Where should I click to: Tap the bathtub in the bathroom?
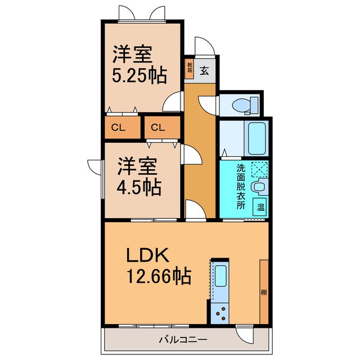(256, 138)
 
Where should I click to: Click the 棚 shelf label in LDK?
(263, 292)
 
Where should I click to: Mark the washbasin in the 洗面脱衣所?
(259, 186)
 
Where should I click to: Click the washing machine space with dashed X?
(259, 169)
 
